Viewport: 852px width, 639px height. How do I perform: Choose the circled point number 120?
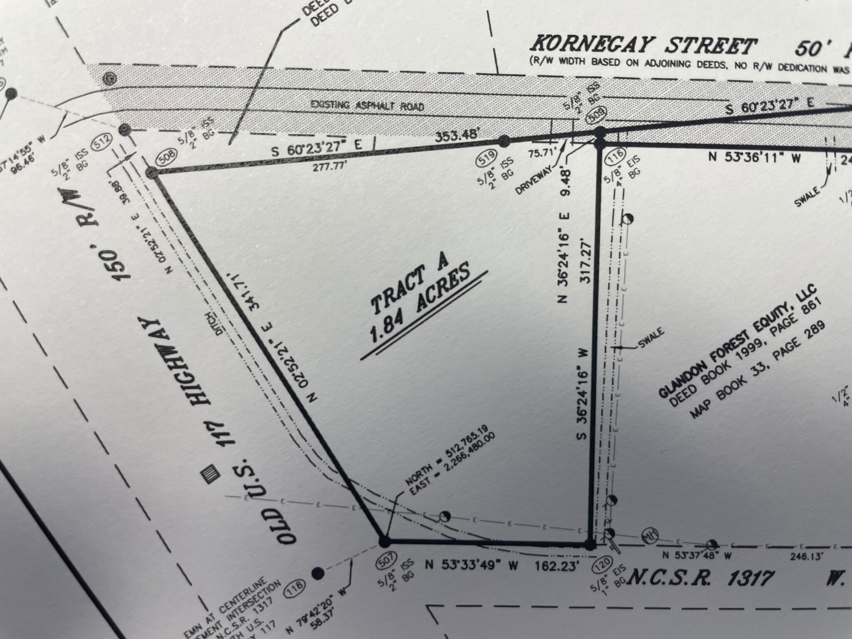[x=604, y=566]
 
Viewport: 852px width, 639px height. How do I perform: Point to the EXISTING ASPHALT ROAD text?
[x=367, y=106]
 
